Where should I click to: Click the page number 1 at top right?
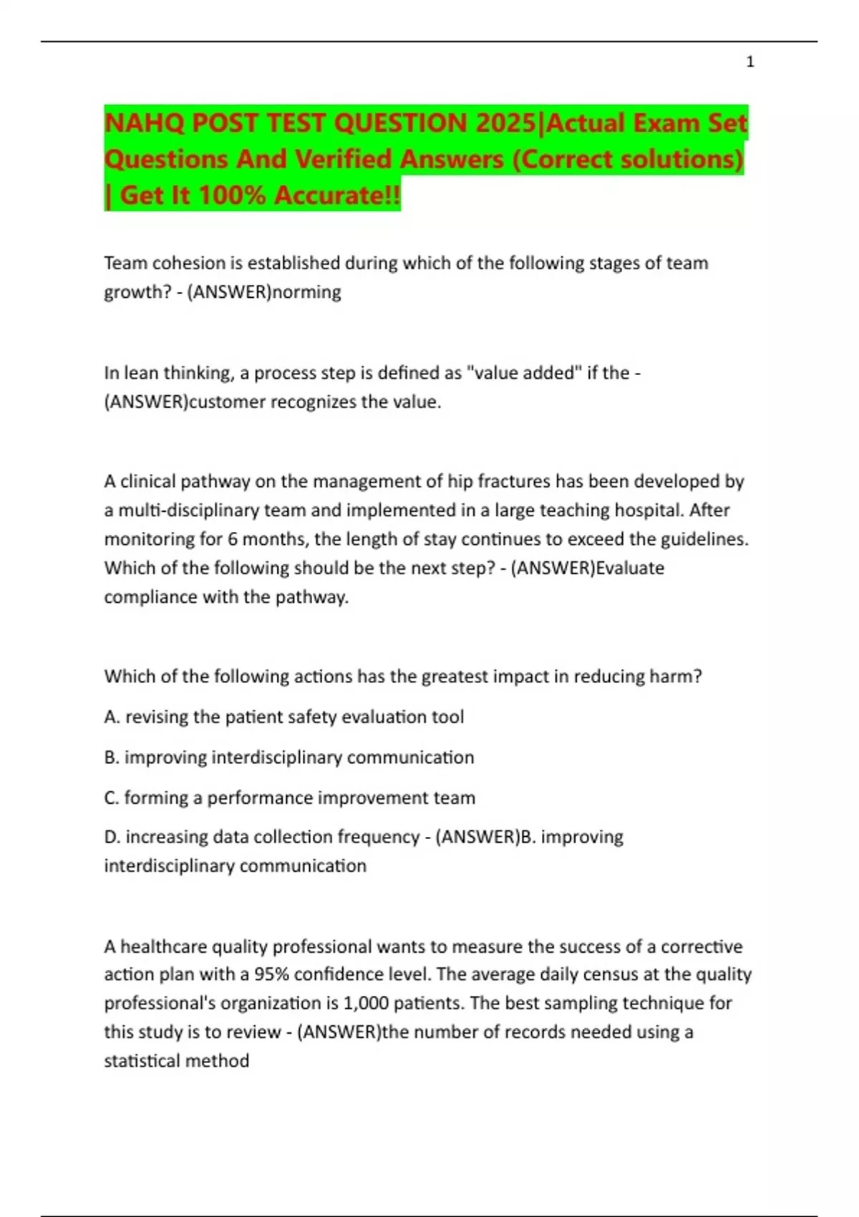pos(749,62)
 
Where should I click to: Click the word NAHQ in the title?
pos(144,123)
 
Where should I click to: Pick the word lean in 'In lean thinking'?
pos(142,373)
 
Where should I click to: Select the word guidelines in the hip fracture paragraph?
pos(704,539)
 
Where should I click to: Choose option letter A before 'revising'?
pos(112,717)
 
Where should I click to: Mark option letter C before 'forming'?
pos(112,797)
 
